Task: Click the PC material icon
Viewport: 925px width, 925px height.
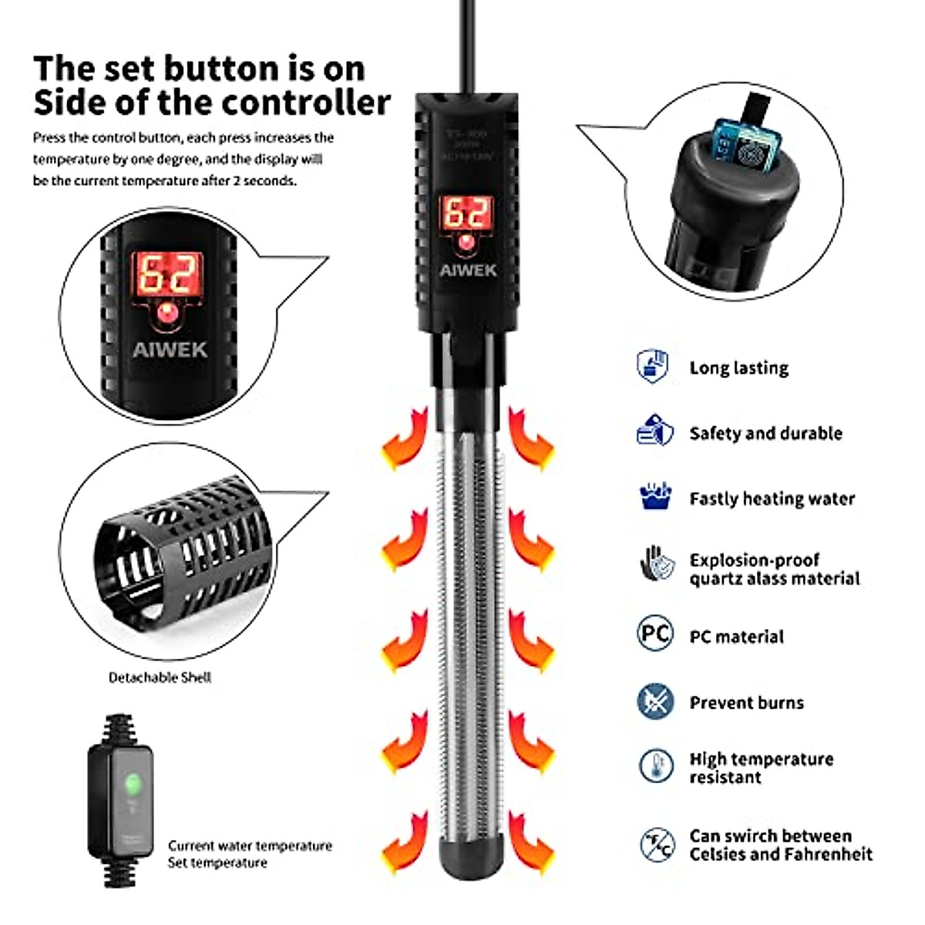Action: [655, 634]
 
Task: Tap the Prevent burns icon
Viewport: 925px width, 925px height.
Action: [655, 701]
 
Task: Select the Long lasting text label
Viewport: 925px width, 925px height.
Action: [738, 368]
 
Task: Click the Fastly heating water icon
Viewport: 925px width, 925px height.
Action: [655, 496]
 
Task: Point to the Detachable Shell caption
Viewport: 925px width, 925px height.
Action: [160, 678]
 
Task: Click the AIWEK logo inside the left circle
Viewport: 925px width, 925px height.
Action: [170, 349]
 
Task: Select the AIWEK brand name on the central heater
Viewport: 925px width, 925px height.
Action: [468, 271]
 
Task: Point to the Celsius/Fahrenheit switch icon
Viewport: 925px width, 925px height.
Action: [657, 844]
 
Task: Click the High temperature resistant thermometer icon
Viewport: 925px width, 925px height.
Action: [656, 765]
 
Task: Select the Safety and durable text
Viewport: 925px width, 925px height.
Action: [765, 433]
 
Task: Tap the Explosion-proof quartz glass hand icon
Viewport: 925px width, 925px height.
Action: [655, 564]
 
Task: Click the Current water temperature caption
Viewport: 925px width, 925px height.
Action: [250, 846]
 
